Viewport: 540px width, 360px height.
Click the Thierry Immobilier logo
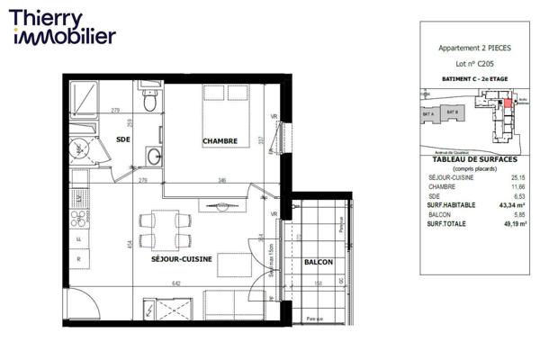(x=63, y=27)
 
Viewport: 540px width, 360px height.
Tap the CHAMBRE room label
(x=220, y=141)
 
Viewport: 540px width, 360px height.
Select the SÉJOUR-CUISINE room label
(x=183, y=259)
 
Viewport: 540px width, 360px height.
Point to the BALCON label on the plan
(x=319, y=262)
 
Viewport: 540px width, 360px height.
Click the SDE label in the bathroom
(x=123, y=138)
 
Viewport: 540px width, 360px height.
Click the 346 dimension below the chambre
(x=220, y=181)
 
